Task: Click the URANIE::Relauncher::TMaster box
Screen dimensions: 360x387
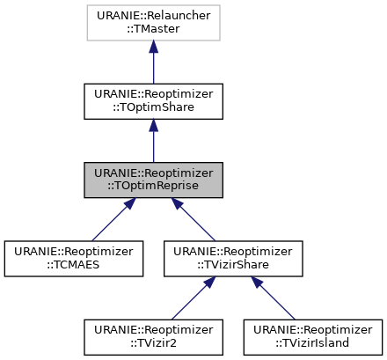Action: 153,22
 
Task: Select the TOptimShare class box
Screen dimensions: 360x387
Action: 153,101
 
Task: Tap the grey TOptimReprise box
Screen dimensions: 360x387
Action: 153,180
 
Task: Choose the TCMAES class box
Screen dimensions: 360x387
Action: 73,258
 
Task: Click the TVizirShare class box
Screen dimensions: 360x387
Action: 233,258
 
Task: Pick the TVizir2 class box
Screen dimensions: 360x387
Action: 153,336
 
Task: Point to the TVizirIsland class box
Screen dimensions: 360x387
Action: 312,336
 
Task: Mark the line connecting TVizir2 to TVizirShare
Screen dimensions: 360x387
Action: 190,300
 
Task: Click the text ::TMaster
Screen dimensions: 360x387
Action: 153,29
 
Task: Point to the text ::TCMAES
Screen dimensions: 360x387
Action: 73,265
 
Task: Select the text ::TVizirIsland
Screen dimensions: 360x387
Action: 312,343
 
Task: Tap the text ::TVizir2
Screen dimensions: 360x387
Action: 153,343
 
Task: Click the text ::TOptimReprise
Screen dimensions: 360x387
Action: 153,187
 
